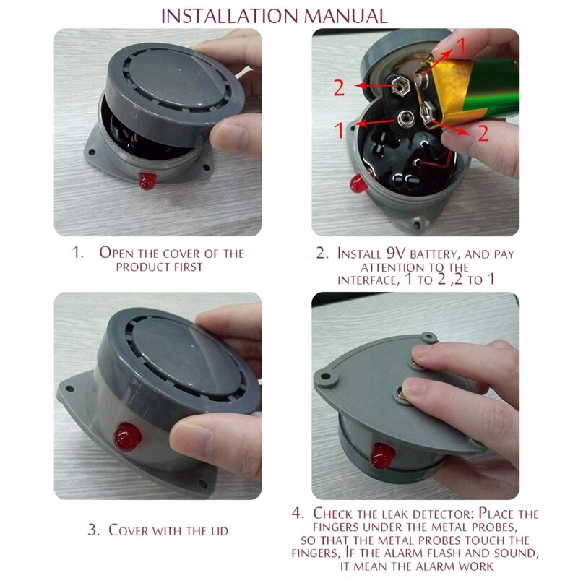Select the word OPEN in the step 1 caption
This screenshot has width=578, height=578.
click(x=118, y=254)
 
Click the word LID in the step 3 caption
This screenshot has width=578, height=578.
click(x=215, y=530)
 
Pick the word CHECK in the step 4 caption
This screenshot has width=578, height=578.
click(x=334, y=514)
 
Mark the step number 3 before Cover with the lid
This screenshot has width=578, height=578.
click(x=92, y=530)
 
